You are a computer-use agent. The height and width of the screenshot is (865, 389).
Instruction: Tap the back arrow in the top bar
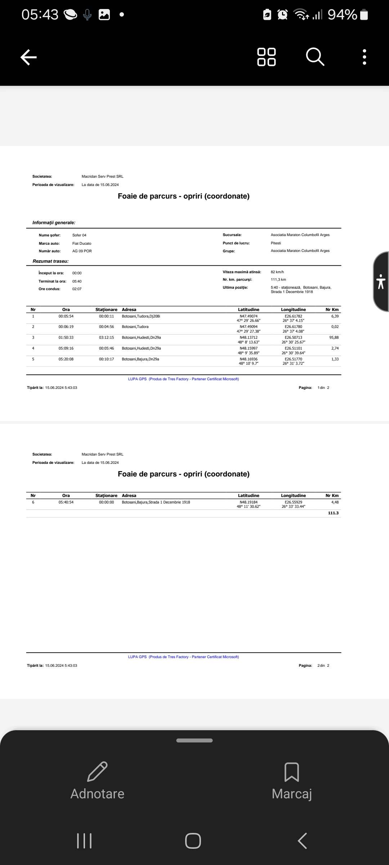[29, 57]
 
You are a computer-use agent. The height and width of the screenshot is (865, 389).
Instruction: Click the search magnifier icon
[315, 57]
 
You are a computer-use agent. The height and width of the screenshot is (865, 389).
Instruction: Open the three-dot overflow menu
[365, 57]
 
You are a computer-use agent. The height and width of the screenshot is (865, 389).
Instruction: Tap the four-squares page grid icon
[267, 57]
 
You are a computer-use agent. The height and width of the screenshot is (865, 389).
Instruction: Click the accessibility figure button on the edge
[381, 281]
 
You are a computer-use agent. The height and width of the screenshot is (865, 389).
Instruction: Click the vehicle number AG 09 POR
[82, 251]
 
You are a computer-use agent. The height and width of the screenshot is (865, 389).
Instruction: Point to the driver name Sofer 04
[79, 235]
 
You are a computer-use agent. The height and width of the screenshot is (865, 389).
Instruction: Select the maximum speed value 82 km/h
[277, 272]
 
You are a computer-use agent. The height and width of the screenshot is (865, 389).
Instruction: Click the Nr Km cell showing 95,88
[334, 338]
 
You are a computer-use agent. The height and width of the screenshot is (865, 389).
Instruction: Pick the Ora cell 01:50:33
[66, 338]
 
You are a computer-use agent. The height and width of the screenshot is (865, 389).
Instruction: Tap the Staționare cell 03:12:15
[106, 338]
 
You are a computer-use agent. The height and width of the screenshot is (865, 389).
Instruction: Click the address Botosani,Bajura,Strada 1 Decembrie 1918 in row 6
[156, 502]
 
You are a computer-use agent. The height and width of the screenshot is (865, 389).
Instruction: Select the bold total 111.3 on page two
[333, 513]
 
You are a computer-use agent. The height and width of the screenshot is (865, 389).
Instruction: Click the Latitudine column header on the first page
[249, 310]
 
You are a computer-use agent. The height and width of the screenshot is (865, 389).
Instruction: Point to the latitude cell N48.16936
[249, 359]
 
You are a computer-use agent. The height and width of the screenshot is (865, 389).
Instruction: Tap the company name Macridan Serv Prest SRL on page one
[103, 177]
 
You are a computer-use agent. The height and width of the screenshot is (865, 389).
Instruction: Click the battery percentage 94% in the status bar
[342, 15]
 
